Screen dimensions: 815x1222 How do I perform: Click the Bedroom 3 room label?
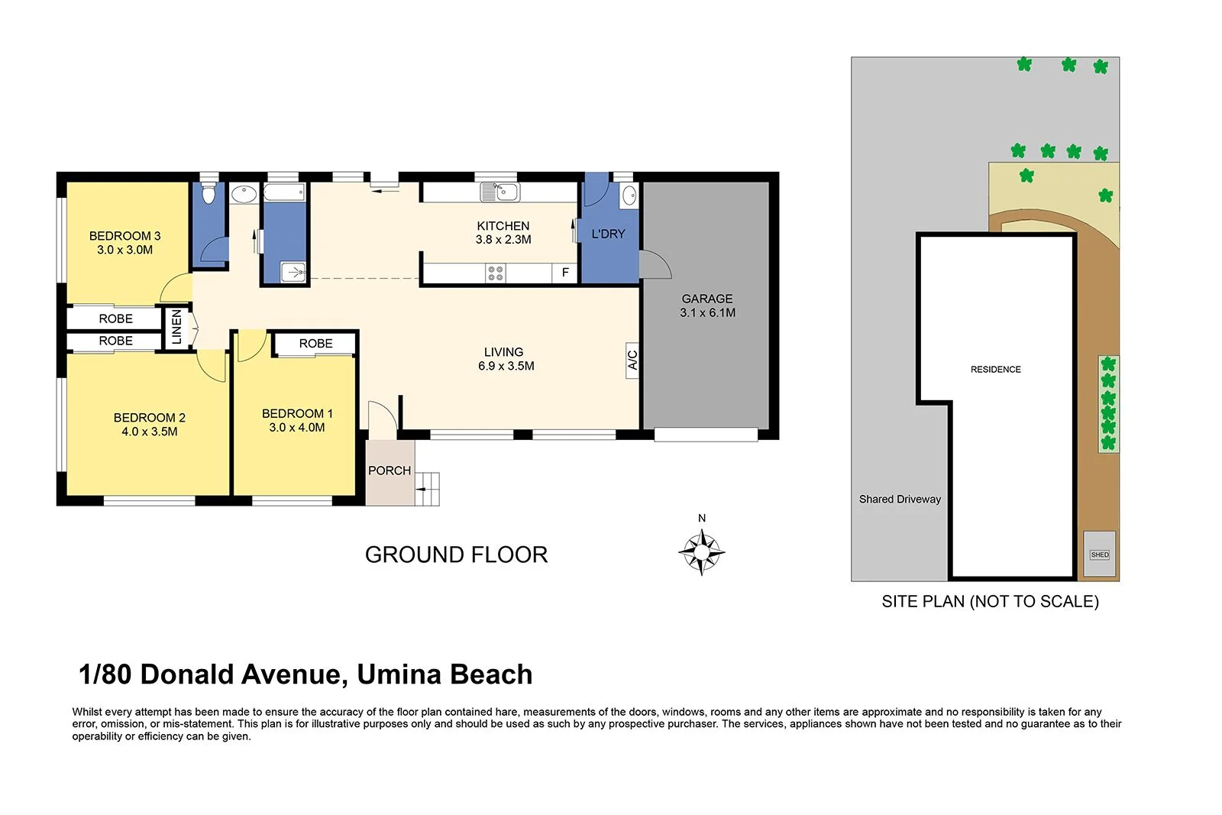pyautogui.click(x=124, y=236)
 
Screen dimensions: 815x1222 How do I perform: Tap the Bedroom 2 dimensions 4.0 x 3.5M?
pyautogui.click(x=149, y=432)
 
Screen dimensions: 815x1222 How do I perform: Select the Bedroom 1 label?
pyautogui.click(x=297, y=413)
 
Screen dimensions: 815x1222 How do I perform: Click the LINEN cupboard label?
pyautogui.click(x=176, y=328)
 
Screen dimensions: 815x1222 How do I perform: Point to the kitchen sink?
pyautogui.click(x=500, y=192)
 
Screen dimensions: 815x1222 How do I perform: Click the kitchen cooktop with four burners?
pyautogui.click(x=495, y=273)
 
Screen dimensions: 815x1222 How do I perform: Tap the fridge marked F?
pyautogui.click(x=565, y=273)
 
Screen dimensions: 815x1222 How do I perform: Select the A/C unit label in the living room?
pyautogui.click(x=632, y=359)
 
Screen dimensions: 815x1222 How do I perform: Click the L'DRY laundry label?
pyautogui.click(x=608, y=234)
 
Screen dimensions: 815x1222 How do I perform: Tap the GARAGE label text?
pyautogui.click(x=707, y=299)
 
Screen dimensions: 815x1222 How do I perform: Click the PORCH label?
pyautogui.click(x=390, y=471)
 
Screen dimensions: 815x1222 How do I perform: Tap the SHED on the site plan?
pyautogui.click(x=1100, y=554)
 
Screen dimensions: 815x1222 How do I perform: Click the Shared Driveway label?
pyautogui.click(x=900, y=499)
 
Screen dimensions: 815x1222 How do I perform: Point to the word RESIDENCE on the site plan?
pyautogui.click(x=995, y=369)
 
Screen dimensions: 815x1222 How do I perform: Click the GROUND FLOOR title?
pyautogui.click(x=456, y=555)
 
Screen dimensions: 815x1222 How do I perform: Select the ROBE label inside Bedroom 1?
pyautogui.click(x=315, y=344)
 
